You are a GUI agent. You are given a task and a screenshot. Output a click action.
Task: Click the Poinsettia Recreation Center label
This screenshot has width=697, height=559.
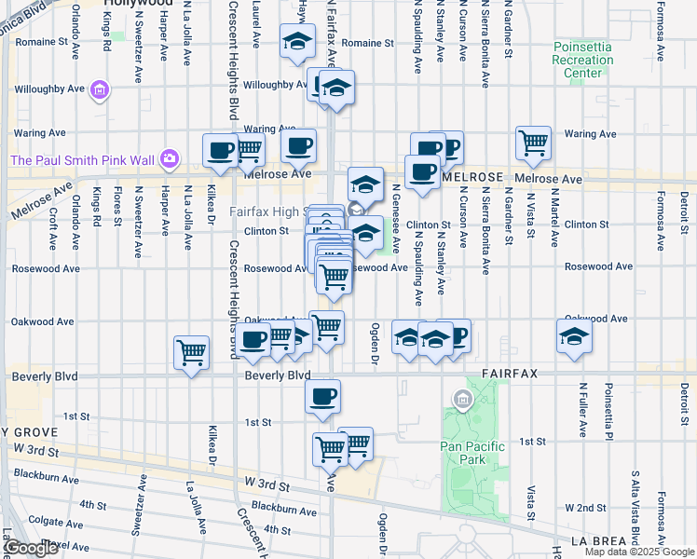pos(583,60)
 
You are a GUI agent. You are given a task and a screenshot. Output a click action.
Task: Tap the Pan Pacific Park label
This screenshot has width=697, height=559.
pos(472,453)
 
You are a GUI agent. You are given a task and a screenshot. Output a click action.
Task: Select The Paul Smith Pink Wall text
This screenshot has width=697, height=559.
pos(82,160)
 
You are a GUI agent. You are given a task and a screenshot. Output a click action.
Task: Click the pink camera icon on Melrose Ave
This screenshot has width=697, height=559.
pos(170,158)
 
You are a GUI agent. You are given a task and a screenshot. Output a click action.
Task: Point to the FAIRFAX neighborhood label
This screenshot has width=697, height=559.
pos(509,374)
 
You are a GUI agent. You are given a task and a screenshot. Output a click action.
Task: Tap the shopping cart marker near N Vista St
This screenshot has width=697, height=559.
pos(534,143)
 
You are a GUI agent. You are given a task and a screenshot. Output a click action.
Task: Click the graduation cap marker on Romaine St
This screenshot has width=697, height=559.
pos(297,42)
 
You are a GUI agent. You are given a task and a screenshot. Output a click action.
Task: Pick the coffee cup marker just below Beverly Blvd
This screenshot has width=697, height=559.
pos(322,396)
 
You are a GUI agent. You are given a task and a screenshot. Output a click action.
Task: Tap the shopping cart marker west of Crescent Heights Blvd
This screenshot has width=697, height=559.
pos(191,352)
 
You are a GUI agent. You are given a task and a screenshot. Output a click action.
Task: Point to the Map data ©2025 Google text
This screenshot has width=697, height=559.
pos(639,552)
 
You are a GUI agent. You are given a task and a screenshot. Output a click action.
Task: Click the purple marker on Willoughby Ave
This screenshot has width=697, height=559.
pos(100,91)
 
